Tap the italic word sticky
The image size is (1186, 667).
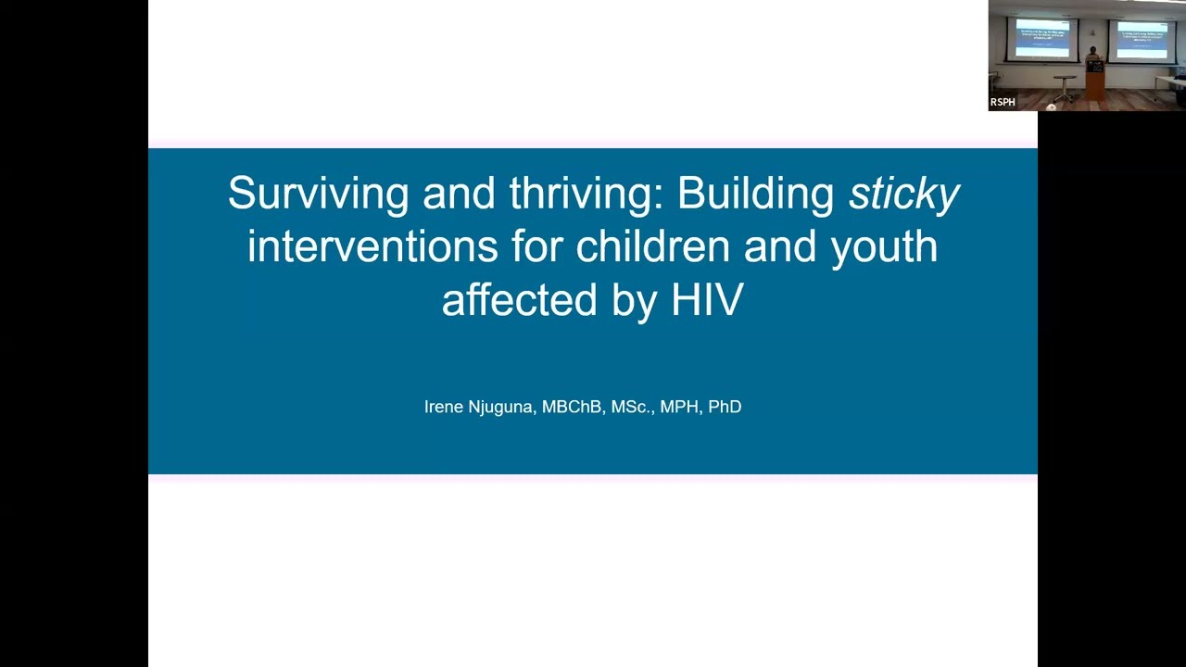coord(903,194)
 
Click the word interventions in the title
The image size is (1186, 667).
coord(372,247)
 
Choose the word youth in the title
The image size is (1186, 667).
coord(884,247)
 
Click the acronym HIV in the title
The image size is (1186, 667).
coord(706,301)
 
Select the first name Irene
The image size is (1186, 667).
coord(446,407)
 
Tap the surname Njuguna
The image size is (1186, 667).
coord(503,407)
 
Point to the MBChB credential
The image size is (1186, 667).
coord(571,407)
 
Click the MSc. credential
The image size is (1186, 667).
coord(632,407)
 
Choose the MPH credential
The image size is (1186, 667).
coord(679,407)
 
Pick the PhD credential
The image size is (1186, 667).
coord(725,407)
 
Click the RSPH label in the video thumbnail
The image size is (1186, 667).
coord(1003,102)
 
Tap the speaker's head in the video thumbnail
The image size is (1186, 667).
coord(1093,50)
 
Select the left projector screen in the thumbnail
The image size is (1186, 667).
coord(1042,39)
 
